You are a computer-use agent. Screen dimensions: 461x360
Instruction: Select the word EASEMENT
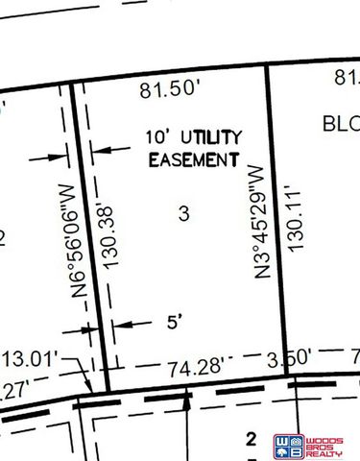(x=192, y=158)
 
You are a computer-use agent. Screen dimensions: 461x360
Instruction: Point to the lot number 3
(x=182, y=213)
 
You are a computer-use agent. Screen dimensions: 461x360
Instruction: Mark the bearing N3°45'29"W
(x=256, y=221)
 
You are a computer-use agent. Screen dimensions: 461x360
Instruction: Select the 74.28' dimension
(x=195, y=366)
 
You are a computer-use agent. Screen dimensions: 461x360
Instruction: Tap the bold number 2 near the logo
(x=252, y=440)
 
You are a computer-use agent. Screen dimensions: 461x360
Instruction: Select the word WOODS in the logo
(x=328, y=438)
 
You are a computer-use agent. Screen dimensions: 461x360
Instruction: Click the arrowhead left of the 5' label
(x=117, y=324)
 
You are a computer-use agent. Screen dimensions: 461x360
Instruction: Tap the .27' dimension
(x=14, y=391)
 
